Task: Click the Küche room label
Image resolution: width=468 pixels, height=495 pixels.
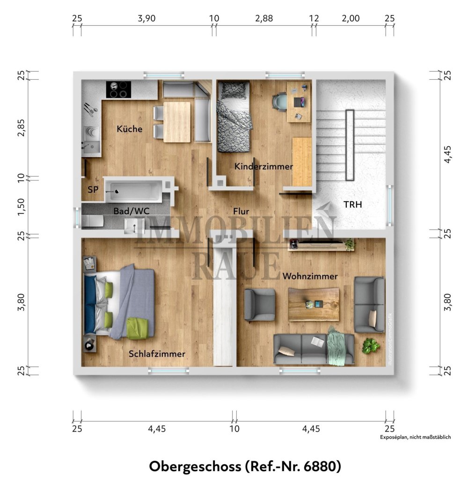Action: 130,129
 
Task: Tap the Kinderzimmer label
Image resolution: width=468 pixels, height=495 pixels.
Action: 263,166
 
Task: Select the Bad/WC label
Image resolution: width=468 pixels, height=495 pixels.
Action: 132,211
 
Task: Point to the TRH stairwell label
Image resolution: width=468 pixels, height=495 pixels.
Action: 352,204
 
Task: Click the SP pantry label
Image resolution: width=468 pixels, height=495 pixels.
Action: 93,190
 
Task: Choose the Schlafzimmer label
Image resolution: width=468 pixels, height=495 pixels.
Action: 157,354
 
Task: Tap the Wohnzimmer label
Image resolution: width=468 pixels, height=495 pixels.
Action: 310,277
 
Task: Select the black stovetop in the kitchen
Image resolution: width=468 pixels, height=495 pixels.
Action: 118,90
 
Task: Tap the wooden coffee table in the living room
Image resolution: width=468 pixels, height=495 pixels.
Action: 313,304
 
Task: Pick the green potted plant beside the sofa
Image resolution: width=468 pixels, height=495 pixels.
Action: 371,346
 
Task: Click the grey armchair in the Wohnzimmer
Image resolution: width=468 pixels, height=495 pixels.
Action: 260,305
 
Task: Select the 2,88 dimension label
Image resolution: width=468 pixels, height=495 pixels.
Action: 263,18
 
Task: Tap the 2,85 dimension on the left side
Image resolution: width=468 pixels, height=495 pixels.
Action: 20,125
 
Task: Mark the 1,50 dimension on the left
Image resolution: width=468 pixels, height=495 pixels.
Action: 20,206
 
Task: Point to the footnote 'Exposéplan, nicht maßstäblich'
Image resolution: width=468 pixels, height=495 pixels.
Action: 415,437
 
